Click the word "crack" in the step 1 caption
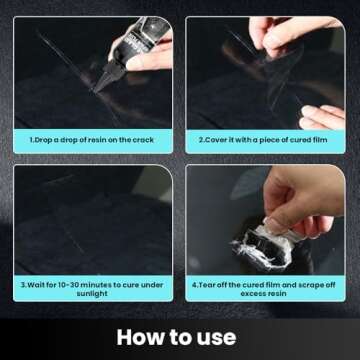click(x=143, y=139)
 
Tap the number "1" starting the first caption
click(x=31, y=139)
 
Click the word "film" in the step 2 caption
click(x=316, y=139)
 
